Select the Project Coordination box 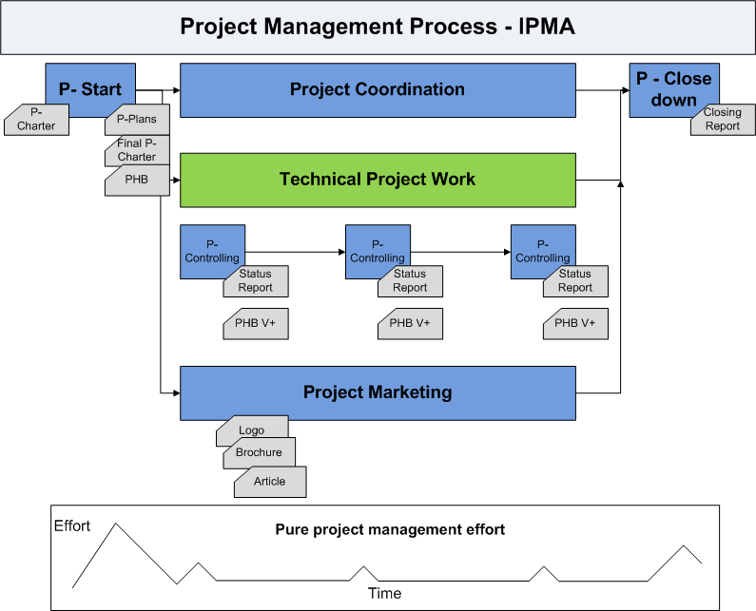click(378, 90)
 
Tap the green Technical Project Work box click(378, 180)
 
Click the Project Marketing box click(378, 392)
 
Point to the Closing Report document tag click(722, 120)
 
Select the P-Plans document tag click(137, 120)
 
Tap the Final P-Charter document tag click(137, 150)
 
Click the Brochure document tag click(259, 453)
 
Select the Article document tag click(270, 482)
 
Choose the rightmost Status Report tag click(575, 281)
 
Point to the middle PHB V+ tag click(410, 323)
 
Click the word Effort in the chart click(72, 525)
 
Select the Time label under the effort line click(384, 594)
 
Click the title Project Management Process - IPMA click(378, 27)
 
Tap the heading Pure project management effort click(390, 529)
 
